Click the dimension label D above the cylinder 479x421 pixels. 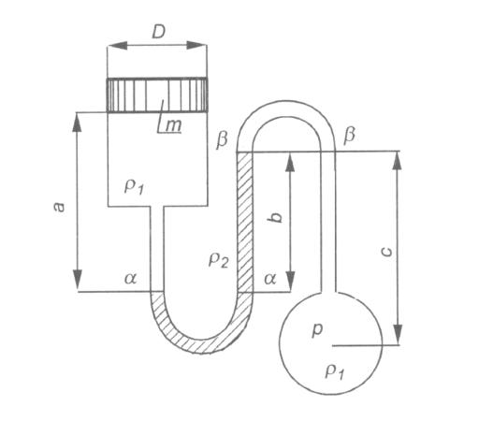(x=158, y=32)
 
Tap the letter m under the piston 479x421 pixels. (x=173, y=125)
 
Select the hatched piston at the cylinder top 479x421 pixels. (x=157, y=94)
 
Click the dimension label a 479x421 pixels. (x=59, y=207)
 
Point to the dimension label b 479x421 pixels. (x=276, y=215)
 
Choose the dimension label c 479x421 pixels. (x=386, y=252)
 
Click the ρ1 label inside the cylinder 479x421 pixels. (x=134, y=187)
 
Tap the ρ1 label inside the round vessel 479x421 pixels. (x=335, y=371)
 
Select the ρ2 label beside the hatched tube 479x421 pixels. (x=219, y=260)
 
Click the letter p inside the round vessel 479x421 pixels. (x=317, y=330)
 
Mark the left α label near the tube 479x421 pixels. (x=131, y=278)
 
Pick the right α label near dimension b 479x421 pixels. (x=270, y=278)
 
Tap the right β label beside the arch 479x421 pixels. (x=349, y=136)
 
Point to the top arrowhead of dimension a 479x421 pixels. (x=77, y=123)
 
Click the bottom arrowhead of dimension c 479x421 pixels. (x=397, y=334)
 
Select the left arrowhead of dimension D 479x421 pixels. (x=118, y=46)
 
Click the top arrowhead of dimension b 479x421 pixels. (x=290, y=162)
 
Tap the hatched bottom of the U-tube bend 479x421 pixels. (x=202, y=345)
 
